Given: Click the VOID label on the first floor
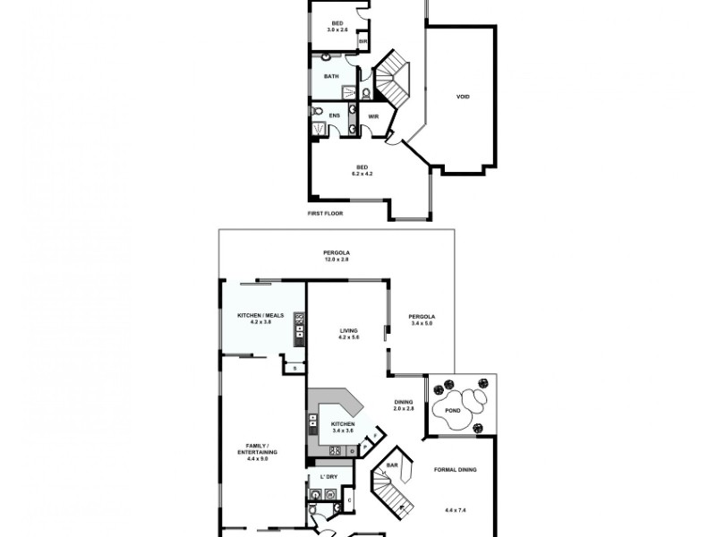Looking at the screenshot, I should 463,97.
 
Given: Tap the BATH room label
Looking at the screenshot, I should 331,77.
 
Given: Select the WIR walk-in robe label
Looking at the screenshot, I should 373,115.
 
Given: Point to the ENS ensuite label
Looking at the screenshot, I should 334,115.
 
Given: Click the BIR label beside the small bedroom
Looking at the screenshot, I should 362,41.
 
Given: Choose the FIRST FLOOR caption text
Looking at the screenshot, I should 325,213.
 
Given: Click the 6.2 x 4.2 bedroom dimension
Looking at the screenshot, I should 362,173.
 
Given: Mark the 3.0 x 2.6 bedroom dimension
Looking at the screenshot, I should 337,30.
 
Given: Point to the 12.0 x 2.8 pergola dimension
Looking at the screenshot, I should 337,260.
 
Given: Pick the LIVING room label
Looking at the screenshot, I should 348,330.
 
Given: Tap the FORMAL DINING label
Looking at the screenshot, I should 456,470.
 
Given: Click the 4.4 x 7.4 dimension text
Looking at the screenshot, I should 456,510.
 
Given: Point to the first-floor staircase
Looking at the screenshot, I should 391,79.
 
